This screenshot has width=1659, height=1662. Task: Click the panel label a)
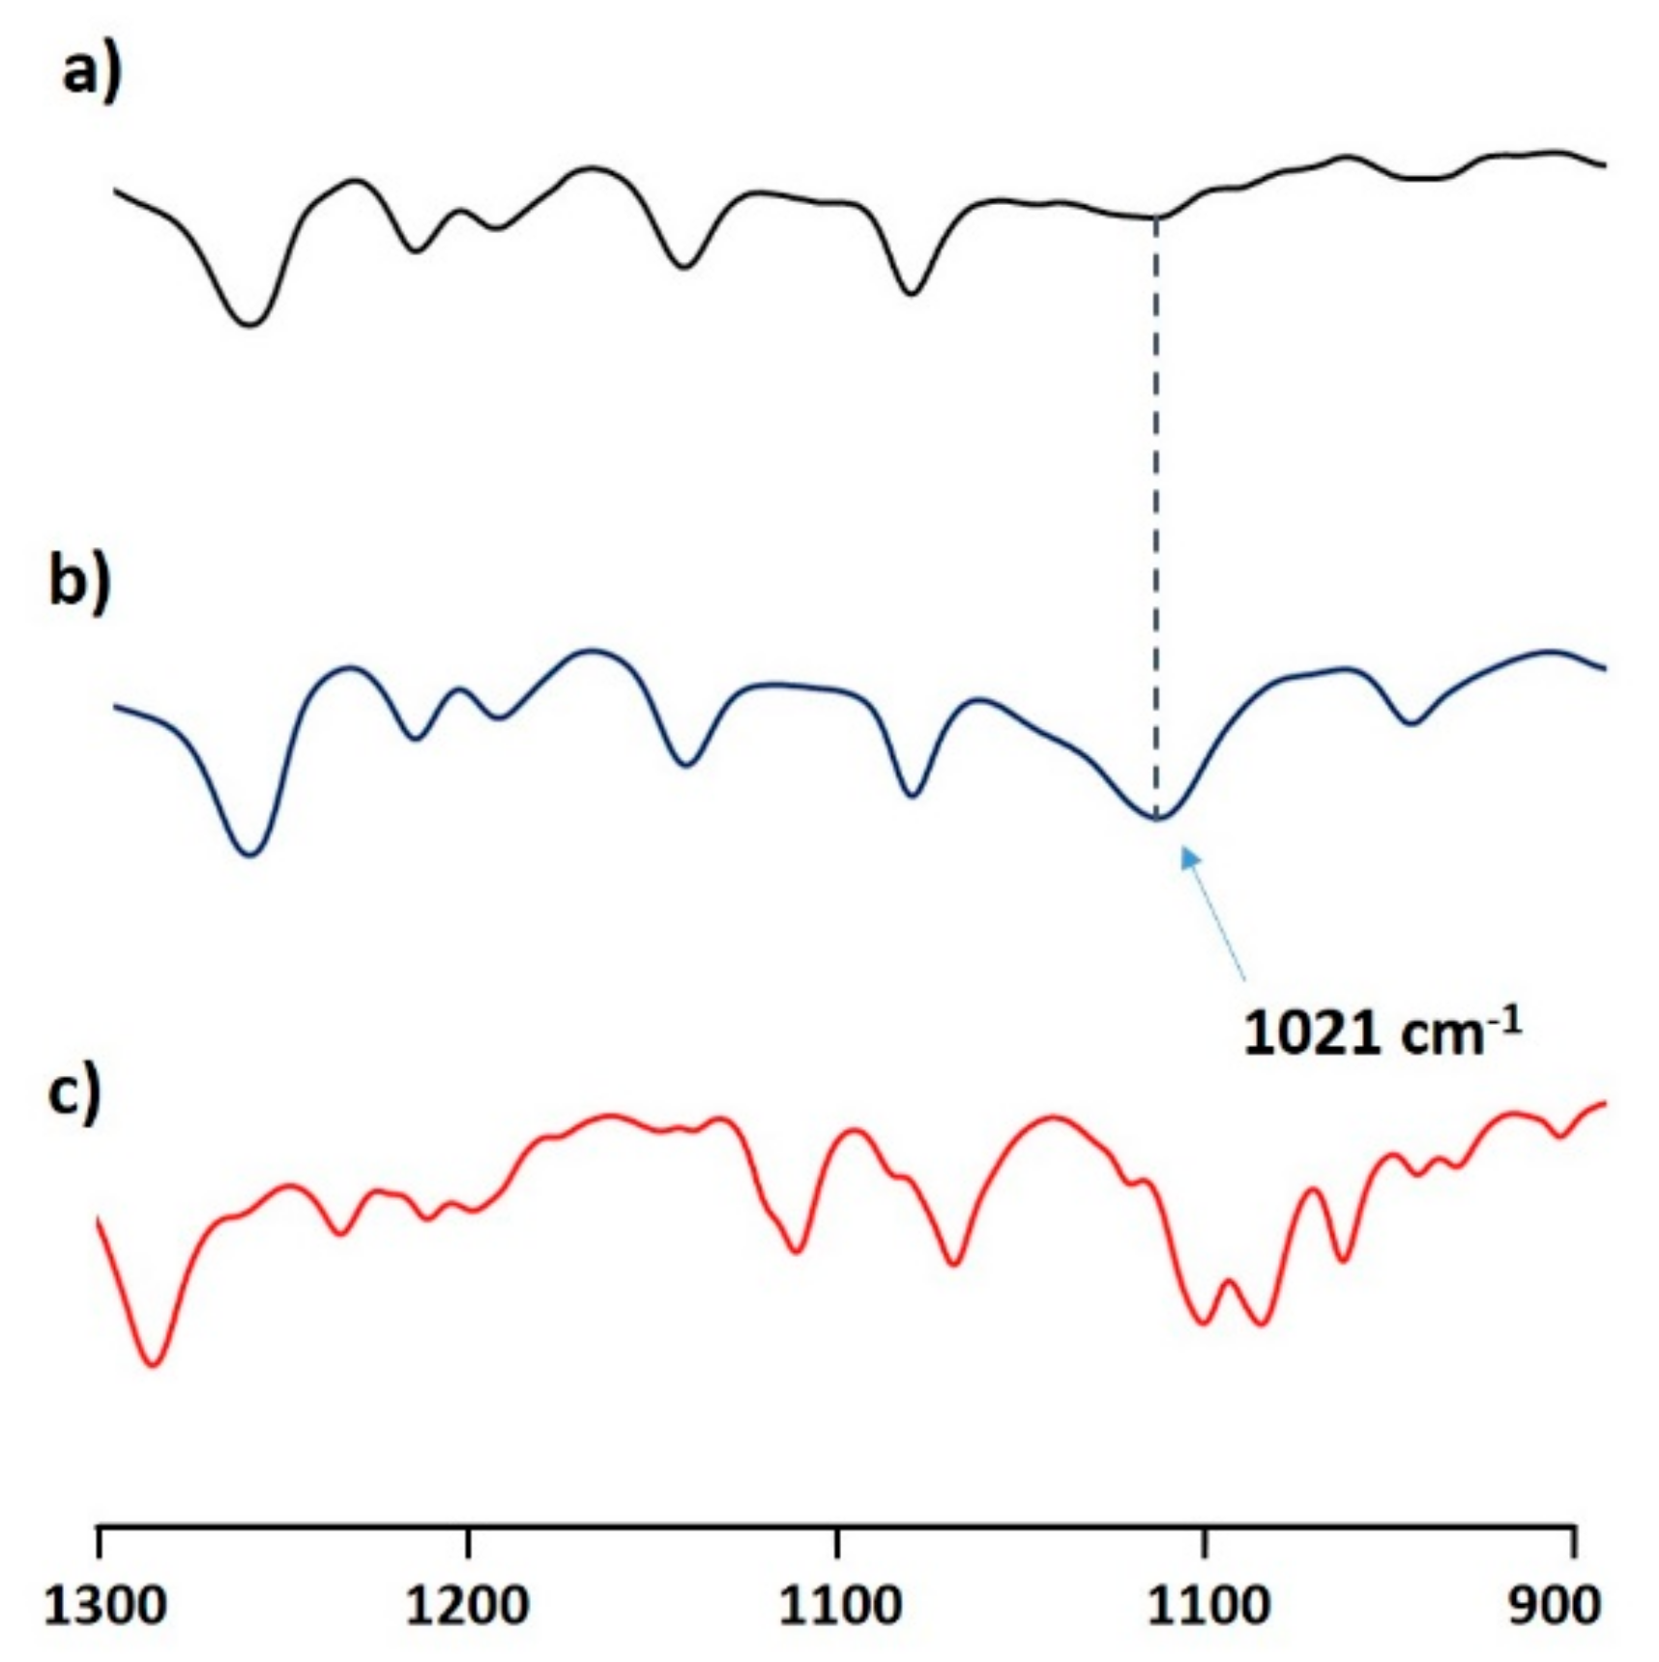(92, 73)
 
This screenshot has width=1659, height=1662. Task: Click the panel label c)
(73, 1095)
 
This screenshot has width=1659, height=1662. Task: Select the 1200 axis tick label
(467, 1605)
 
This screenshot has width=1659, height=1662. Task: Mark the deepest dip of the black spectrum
(250, 324)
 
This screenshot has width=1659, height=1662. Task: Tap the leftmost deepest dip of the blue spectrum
(250, 854)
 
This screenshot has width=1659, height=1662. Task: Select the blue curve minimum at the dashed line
(1157, 818)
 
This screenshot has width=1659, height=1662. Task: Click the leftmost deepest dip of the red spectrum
(154, 1364)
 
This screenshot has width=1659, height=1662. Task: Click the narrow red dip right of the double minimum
(1343, 1260)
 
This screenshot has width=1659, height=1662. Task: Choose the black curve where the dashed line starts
(1156, 218)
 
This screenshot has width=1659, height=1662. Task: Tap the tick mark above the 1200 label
(469, 1541)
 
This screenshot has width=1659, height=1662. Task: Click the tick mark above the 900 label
(1576, 1541)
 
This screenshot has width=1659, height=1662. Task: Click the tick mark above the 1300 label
(98, 1541)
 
